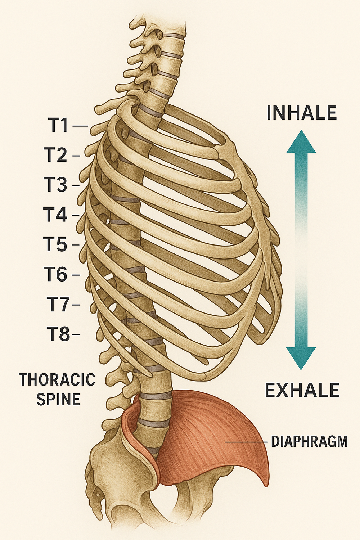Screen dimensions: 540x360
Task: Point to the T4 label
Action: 55,215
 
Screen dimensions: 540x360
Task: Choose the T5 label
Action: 55,244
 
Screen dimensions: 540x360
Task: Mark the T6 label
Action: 56,274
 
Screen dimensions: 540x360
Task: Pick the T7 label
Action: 58,304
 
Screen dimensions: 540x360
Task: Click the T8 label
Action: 58,334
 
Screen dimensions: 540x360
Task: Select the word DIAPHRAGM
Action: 309,441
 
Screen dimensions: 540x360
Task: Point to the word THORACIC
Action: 57,380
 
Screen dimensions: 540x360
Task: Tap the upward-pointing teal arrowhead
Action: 301,142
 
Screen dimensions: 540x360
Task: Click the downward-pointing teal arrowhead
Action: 301,358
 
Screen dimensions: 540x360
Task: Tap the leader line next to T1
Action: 80,126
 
